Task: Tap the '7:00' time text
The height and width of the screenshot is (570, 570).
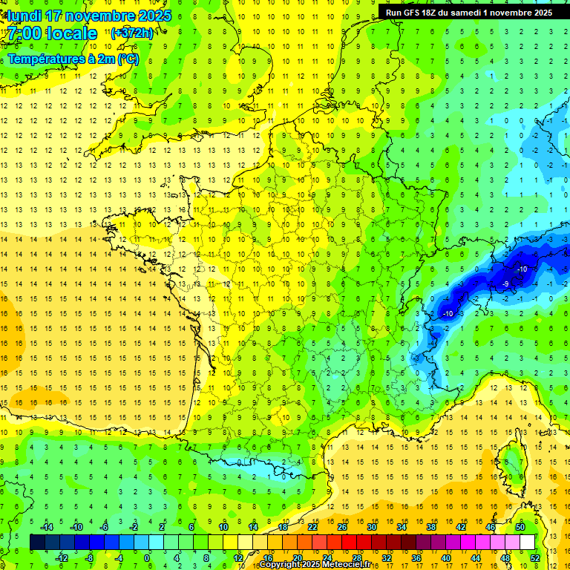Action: [x=23, y=33]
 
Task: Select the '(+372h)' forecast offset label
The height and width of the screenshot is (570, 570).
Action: [x=132, y=33]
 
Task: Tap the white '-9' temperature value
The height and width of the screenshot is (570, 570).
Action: [x=505, y=284]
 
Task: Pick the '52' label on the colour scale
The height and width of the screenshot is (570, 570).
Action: [x=535, y=558]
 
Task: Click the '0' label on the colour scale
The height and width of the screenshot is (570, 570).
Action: [x=148, y=558]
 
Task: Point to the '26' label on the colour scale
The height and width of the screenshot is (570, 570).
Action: [x=342, y=527]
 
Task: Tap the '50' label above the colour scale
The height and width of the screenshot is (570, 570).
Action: [x=520, y=527]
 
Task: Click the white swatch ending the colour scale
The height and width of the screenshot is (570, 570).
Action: [x=527, y=543]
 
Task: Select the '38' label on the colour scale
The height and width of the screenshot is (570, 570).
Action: [x=431, y=527]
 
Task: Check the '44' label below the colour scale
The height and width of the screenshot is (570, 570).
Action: [x=476, y=558]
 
